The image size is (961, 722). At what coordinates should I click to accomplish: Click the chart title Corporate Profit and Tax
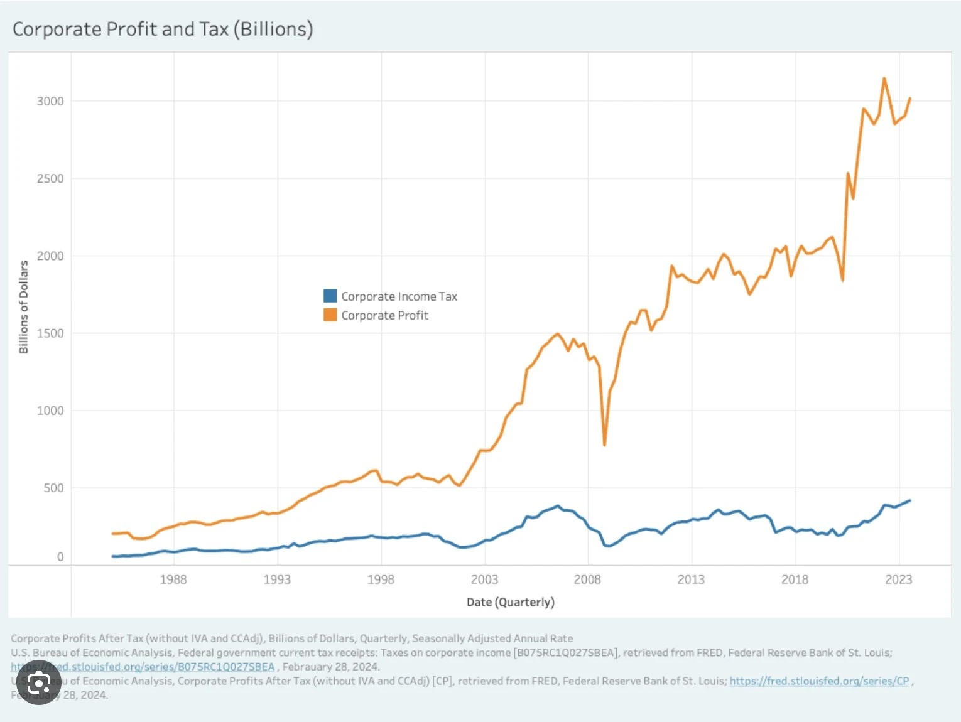(x=163, y=30)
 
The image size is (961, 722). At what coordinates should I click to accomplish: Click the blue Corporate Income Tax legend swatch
(x=330, y=296)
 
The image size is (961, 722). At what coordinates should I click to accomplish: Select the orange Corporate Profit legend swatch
(x=330, y=315)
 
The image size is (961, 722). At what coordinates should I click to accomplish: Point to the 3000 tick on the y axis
(x=50, y=101)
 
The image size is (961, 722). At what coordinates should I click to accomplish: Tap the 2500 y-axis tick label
(x=50, y=178)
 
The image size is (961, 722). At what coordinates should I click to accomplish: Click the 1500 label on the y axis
(x=50, y=333)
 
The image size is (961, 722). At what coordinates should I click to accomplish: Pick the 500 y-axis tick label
(x=53, y=488)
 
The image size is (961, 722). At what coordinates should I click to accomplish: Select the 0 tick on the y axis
(x=60, y=557)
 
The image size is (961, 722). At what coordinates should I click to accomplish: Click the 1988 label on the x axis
(x=173, y=579)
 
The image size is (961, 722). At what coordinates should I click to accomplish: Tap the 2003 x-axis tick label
(x=484, y=579)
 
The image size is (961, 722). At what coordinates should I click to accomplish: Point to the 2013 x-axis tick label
(x=691, y=579)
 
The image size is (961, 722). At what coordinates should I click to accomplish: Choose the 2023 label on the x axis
(x=898, y=579)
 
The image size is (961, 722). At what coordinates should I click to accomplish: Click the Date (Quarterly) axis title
(x=510, y=602)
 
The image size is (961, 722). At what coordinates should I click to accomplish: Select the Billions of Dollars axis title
(x=24, y=307)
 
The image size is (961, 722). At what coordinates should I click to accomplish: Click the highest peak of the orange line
(x=884, y=78)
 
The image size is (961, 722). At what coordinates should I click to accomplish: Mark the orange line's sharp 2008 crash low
(x=604, y=445)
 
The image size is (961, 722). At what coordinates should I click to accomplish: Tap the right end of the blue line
(x=909, y=500)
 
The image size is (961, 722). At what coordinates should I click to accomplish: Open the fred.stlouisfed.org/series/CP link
(x=819, y=681)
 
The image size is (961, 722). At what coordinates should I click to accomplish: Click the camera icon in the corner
(x=39, y=684)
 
